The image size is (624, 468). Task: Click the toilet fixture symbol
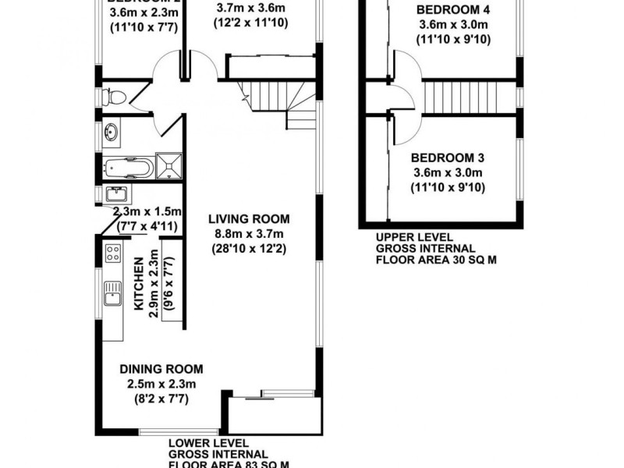[x=114, y=97]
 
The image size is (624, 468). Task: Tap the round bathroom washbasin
[x=111, y=133]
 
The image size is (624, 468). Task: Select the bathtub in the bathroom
[x=128, y=167]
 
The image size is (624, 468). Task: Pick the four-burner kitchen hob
[x=112, y=253]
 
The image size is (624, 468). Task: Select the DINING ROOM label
[x=161, y=369]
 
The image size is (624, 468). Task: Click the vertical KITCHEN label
[x=139, y=285]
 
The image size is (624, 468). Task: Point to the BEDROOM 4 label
[x=452, y=10]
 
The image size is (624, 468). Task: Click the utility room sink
[x=119, y=193]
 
